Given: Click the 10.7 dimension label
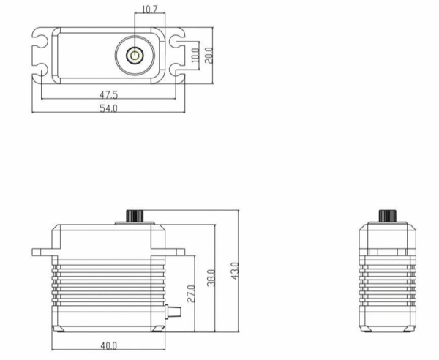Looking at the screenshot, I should coord(149,10).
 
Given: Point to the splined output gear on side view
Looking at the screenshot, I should coord(135,216).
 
